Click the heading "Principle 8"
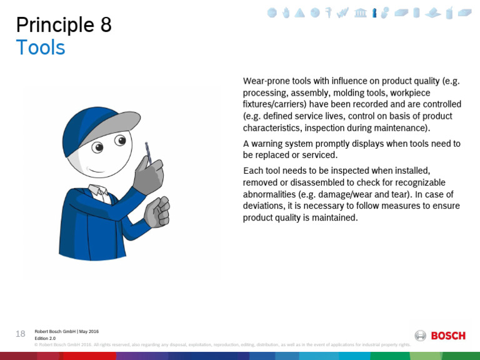coord(64,25)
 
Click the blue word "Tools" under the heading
coord(41,47)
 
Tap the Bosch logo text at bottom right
coord(448,336)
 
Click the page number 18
coord(21,334)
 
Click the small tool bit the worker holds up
coord(148,151)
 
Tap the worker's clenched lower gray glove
coord(157,212)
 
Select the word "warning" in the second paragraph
coord(267,143)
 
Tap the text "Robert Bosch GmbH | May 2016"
coord(66,331)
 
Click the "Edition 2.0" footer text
coord(45,338)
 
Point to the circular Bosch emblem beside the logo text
coord(421,336)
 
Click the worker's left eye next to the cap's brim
coord(97,147)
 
